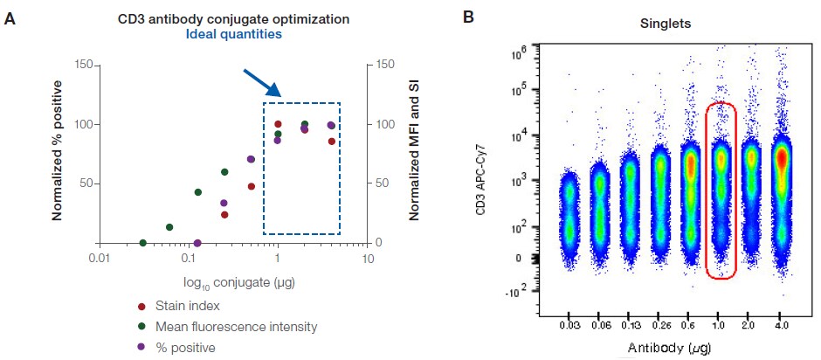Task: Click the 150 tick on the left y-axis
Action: click(x=84, y=65)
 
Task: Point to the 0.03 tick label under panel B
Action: click(x=569, y=326)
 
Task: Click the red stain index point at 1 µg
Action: click(x=278, y=124)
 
